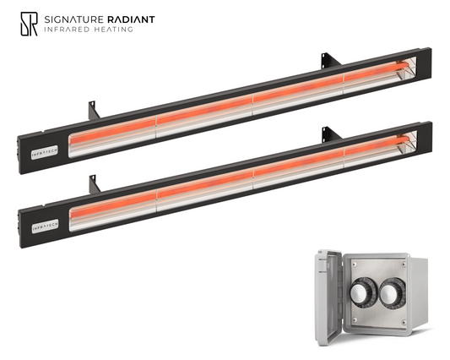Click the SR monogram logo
29,24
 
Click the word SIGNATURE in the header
73,19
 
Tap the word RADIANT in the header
131,19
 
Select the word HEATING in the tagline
113,30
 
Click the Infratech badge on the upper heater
45,152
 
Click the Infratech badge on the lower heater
45,226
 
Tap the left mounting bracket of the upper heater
94,111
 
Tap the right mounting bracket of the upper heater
330,60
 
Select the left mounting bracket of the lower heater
95,184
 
